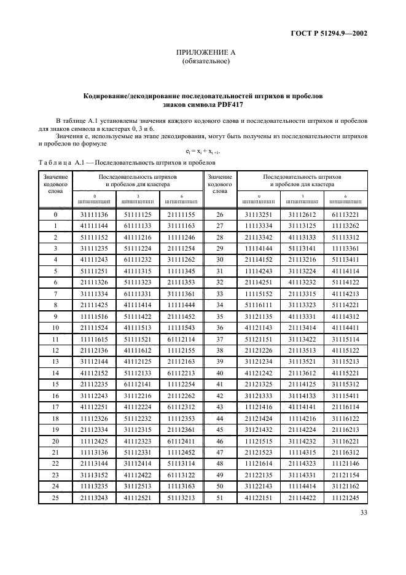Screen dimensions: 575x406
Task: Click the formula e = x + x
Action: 203,151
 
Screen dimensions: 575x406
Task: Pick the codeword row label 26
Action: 220,214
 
